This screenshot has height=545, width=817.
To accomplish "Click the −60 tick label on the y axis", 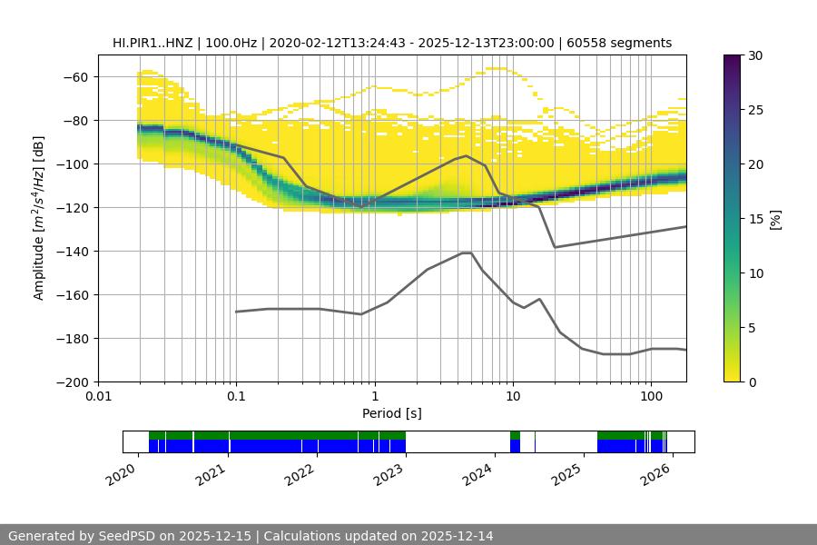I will (74, 76).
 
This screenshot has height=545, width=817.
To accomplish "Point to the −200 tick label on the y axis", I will (70, 381).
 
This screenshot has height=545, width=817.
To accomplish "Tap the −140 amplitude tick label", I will (70, 251).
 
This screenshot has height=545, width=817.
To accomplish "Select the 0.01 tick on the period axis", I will (98, 396).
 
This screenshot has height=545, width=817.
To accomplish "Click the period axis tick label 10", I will (513, 396).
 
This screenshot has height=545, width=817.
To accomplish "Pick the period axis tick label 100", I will (651, 396).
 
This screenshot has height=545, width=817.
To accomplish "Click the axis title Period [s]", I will (391, 413).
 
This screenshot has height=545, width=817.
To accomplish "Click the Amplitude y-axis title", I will (38, 218).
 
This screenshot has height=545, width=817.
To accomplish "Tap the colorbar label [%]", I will (775, 219).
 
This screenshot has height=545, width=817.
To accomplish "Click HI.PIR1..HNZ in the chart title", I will (153, 43).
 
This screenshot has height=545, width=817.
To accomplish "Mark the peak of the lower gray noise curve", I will (467, 253).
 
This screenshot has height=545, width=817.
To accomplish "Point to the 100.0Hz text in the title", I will (237, 43).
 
